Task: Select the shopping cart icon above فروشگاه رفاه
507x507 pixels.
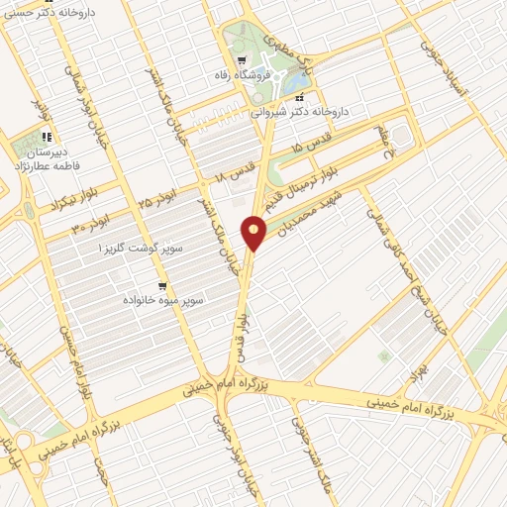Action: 242,57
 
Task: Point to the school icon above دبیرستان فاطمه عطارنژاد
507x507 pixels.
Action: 46,139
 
